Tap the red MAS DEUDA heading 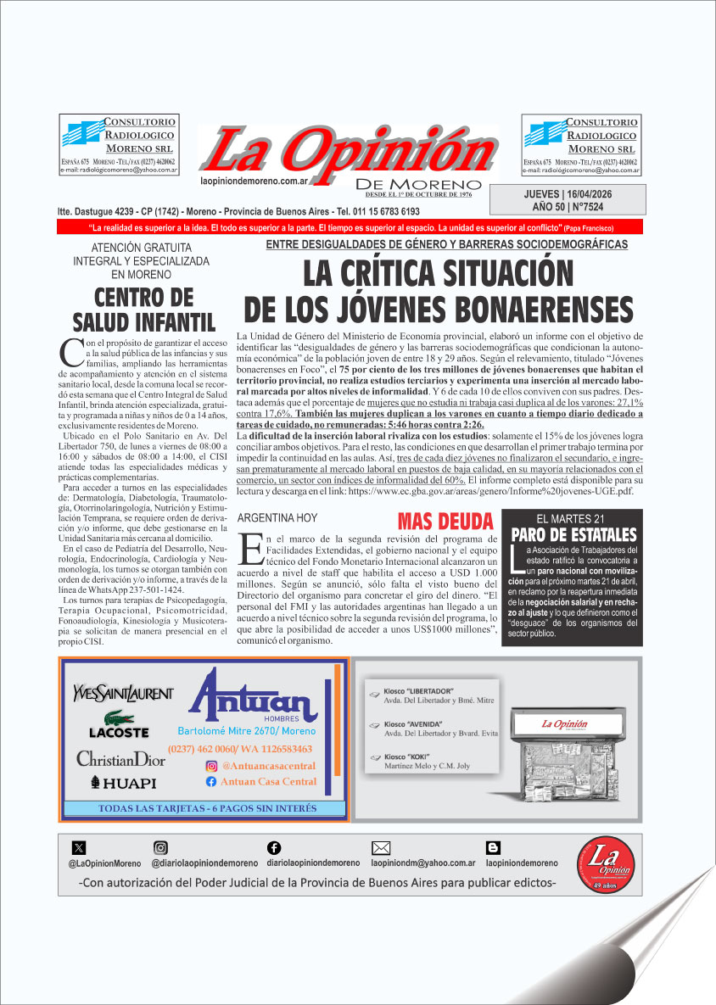tap(445, 520)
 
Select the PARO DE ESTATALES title tap(573, 535)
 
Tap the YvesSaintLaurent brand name tap(123, 693)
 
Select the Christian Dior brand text tap(120, 758)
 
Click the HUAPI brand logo tap(123, 783)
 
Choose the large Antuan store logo tap(248, 700)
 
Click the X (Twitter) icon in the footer tap(79, 847)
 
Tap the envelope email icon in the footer tap(381, 847)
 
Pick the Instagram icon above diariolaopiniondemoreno tap(160, 847)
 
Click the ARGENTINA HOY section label tap(277, 517)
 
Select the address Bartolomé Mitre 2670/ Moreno tap(246, 731)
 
